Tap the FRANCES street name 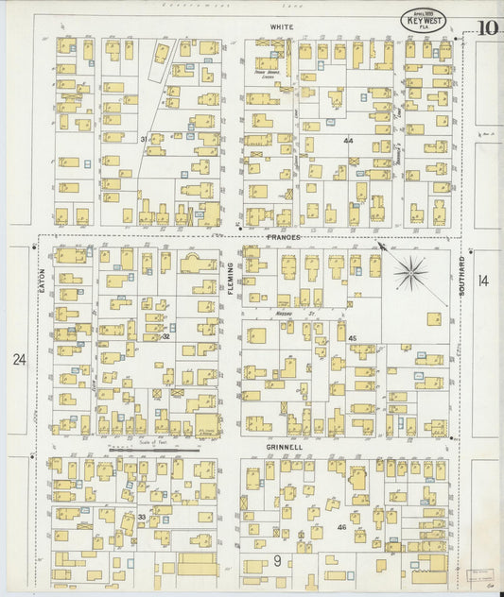click(x=284, y=238)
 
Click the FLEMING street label click(x=230, y=280)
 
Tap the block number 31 click(x=145, y=139)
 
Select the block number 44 click(x=348, y=140)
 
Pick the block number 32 click(x=165, y=335)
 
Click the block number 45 click(x=352, y=337)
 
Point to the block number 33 click(x=142, y=517)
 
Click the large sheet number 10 click(x=487, y=27)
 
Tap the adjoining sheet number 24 click(x=19, y=360)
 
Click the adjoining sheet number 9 click(x=278, y=560)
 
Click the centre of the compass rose click(x=411, y=274)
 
